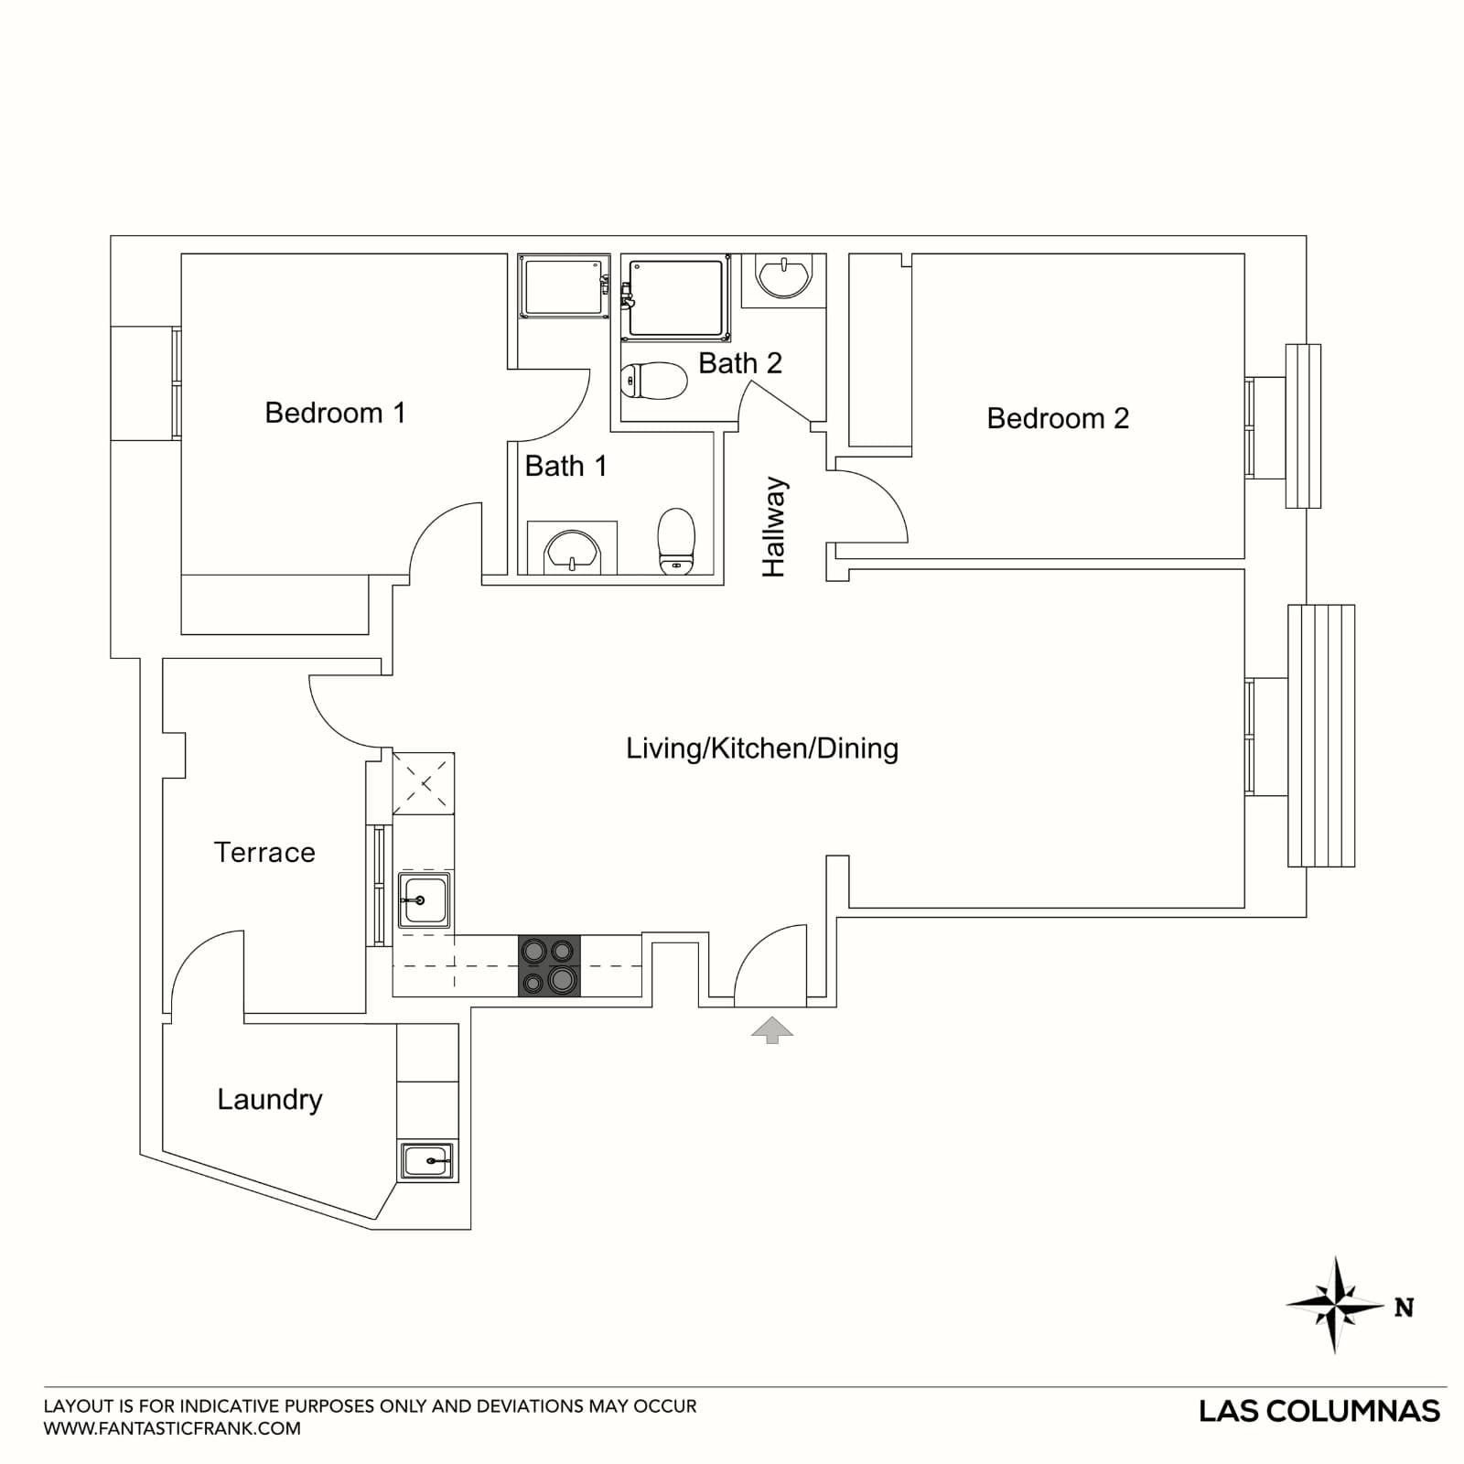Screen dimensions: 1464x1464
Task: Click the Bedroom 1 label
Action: [335, 413]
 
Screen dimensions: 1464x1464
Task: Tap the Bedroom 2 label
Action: [1058, 418]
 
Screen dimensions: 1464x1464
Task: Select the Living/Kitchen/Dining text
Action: [761, 748]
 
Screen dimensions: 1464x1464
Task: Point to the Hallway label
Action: [774, 527]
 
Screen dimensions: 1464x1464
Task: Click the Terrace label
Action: [264, 852]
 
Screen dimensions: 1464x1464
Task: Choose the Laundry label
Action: [270, 1099]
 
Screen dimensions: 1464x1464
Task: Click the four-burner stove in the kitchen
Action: [550, 966]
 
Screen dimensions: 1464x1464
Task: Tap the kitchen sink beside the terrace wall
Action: [424, 900]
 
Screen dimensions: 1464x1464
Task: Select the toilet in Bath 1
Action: [676, 542]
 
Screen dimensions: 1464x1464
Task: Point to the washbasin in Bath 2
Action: [784, 276]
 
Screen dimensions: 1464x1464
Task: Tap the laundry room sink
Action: [427, 1161]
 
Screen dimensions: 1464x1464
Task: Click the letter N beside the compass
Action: [1405, 1308]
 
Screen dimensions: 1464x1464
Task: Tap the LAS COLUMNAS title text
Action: [1319, 1411]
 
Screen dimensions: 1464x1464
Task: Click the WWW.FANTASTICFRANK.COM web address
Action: [172, 1428]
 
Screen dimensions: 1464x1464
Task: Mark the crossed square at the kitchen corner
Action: [424, 782]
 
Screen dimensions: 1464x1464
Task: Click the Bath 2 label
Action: [740, 363]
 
